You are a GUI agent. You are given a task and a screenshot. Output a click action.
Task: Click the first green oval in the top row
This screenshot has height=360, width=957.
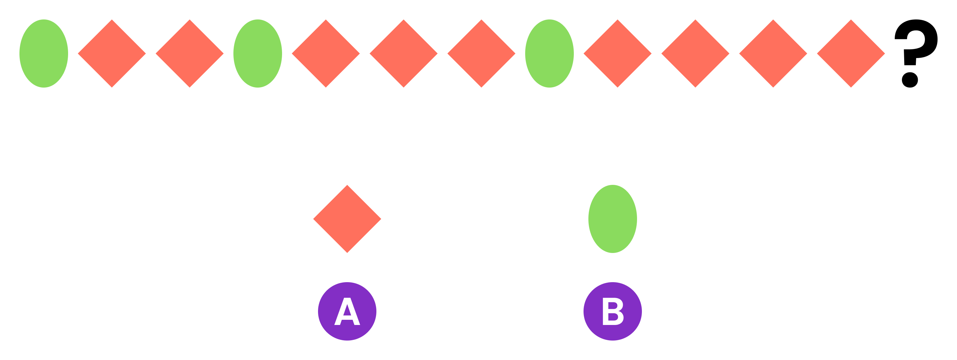(x=44, y=54)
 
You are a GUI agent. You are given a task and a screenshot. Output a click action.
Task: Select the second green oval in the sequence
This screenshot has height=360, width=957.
(x=257, y=54)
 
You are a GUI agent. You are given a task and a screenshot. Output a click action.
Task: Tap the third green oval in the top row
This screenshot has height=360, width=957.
(x=549, y=54)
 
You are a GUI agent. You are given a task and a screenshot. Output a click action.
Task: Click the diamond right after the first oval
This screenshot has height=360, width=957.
(x=112, y=54)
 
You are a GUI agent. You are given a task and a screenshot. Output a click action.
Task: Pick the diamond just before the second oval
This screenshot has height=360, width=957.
(x=189, y=54)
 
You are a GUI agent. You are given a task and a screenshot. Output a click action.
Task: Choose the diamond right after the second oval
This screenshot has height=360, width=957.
(x=326, y=54)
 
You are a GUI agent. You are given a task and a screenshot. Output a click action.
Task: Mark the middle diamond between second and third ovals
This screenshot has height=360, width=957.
(x=404, y=54)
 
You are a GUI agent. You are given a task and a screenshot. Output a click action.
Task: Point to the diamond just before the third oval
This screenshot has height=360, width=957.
(x=481, y=54)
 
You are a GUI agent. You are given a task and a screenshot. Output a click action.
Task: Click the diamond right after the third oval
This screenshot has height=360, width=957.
(x=618, y=54)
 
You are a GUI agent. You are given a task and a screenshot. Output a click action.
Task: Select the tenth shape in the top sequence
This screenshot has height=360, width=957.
(x=695, y=54)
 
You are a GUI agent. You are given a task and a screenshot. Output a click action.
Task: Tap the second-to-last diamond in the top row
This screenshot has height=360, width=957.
(x=773, y=54)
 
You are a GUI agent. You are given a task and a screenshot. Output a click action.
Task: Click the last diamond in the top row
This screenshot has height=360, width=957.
(x=851, y=54)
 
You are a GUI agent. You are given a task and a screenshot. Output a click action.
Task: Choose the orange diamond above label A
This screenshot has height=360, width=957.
(x=347, y=219)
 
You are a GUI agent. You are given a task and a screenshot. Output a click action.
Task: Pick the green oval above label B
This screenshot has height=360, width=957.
(x=613, y=219)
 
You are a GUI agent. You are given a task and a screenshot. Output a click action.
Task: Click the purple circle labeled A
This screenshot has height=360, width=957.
(x=347, y=311)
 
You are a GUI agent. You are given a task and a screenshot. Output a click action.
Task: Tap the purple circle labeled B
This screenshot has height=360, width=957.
(x=613, y=311)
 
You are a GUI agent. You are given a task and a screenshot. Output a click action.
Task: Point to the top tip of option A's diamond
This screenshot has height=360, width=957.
(x=347, y=186)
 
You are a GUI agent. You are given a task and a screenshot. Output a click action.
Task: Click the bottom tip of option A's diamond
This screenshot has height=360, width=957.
(x=347, y=252)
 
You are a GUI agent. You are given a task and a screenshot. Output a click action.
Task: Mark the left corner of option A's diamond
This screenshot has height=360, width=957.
(x=314, y=219)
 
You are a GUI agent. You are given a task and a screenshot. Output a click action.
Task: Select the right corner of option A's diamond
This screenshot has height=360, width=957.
(x=380, y=219)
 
